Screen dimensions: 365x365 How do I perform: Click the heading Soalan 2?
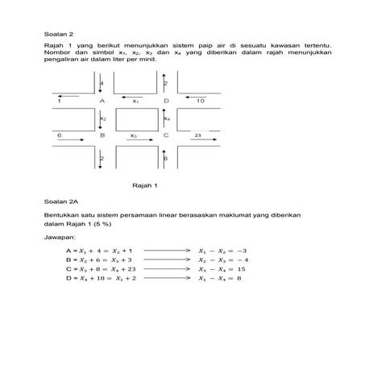tap(59, 35)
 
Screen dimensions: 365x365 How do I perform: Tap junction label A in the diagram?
tap(102, 102)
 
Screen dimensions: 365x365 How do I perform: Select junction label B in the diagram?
tap(102, 136)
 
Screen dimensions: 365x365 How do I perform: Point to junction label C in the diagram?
tap(166, 136)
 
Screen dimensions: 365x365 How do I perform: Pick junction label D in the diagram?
tap(166, 102)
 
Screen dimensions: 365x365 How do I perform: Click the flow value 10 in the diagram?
tap(201, 102)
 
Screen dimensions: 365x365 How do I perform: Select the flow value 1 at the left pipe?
tap(60, 102)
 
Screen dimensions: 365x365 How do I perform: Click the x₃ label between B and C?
tap(134, 136)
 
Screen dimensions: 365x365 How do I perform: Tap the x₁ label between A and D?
tap(136, 102)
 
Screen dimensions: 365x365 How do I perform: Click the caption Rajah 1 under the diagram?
tap(143, 185)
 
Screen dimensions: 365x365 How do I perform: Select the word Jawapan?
tap(60, 238)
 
